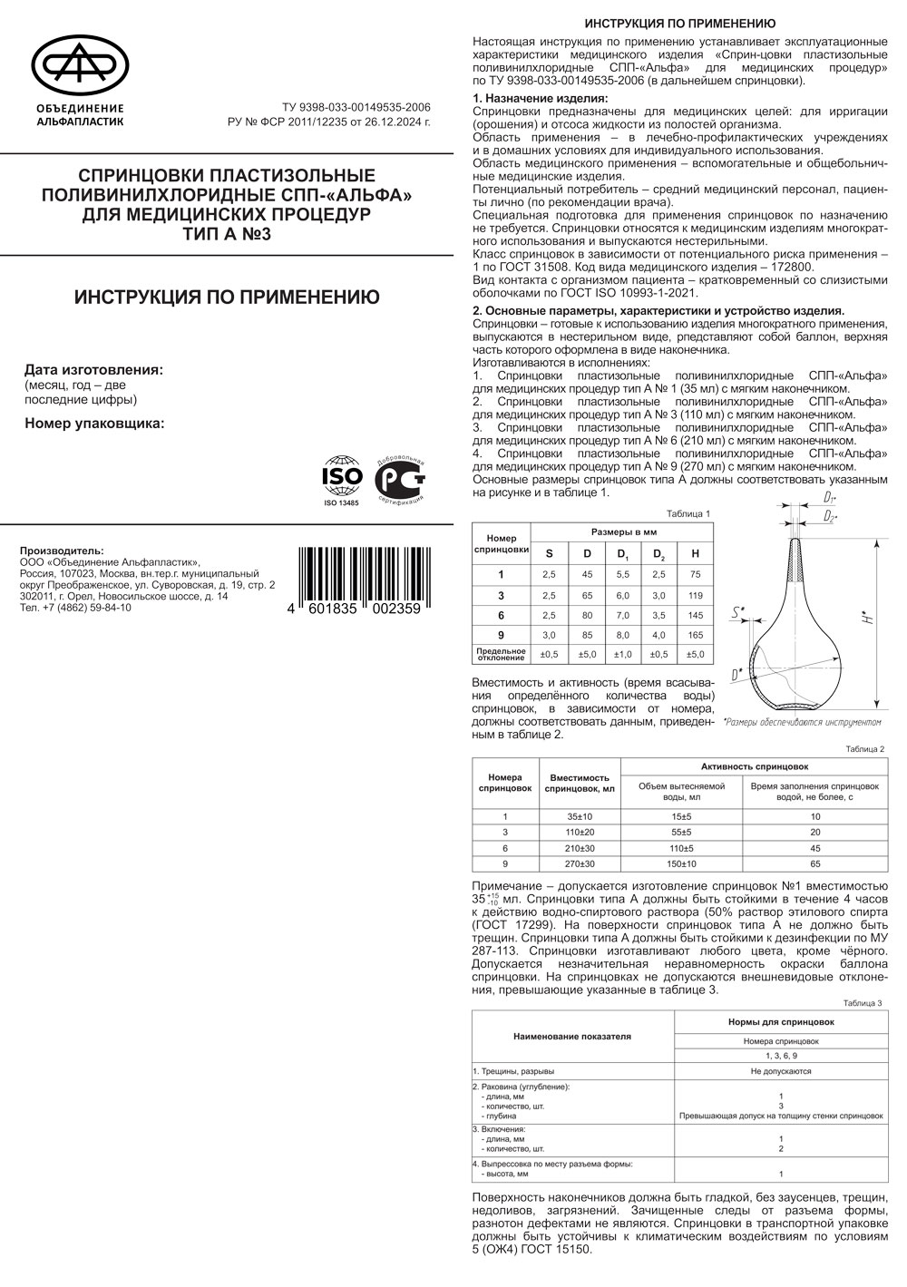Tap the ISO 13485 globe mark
click(342, 474)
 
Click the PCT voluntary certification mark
click(400, 478)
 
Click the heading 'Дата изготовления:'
click(94, 370)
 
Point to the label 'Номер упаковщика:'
click(94, 422)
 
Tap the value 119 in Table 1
click(696, 595)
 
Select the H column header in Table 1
click(696, 553)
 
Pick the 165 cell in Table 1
click(696, 635)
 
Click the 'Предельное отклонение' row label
click(502, 654)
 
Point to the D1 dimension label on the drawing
click(829, 498)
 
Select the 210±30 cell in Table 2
click(580, 848)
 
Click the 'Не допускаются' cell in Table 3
click(780, 1071)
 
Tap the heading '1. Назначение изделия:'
click(541, 98)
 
